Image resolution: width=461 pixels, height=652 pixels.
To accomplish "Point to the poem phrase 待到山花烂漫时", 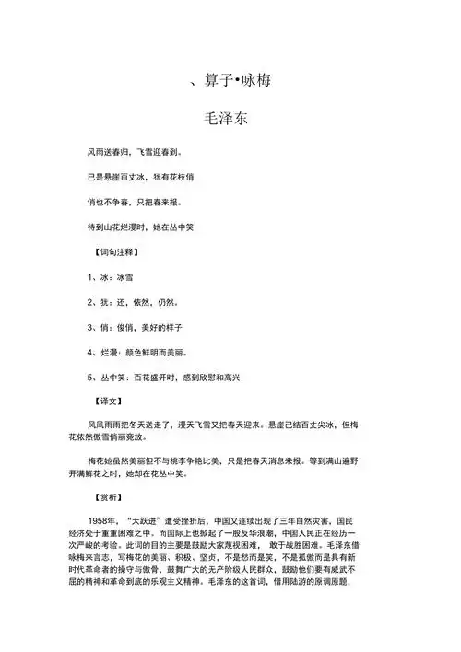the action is [x=116, y=227].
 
